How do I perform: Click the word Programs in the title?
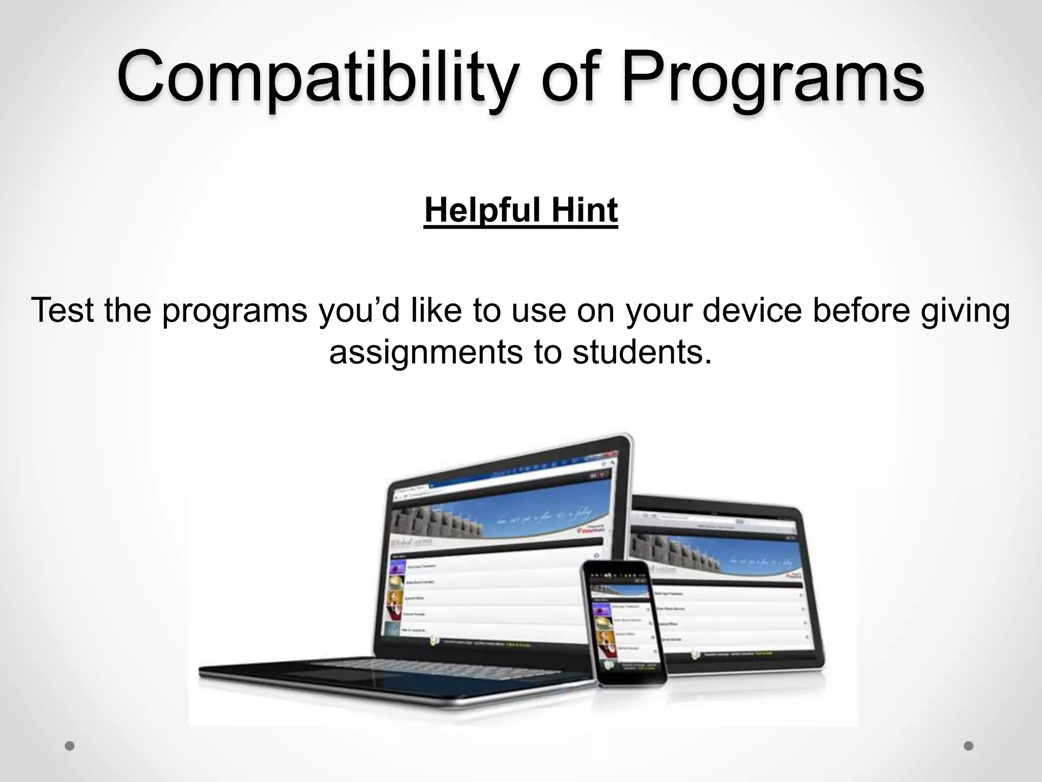pos(772,76)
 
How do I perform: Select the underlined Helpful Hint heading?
pos(521,210)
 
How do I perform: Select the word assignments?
pos(426,351)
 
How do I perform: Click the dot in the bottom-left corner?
pos(70,746)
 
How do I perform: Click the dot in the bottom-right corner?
pos(969,746)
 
